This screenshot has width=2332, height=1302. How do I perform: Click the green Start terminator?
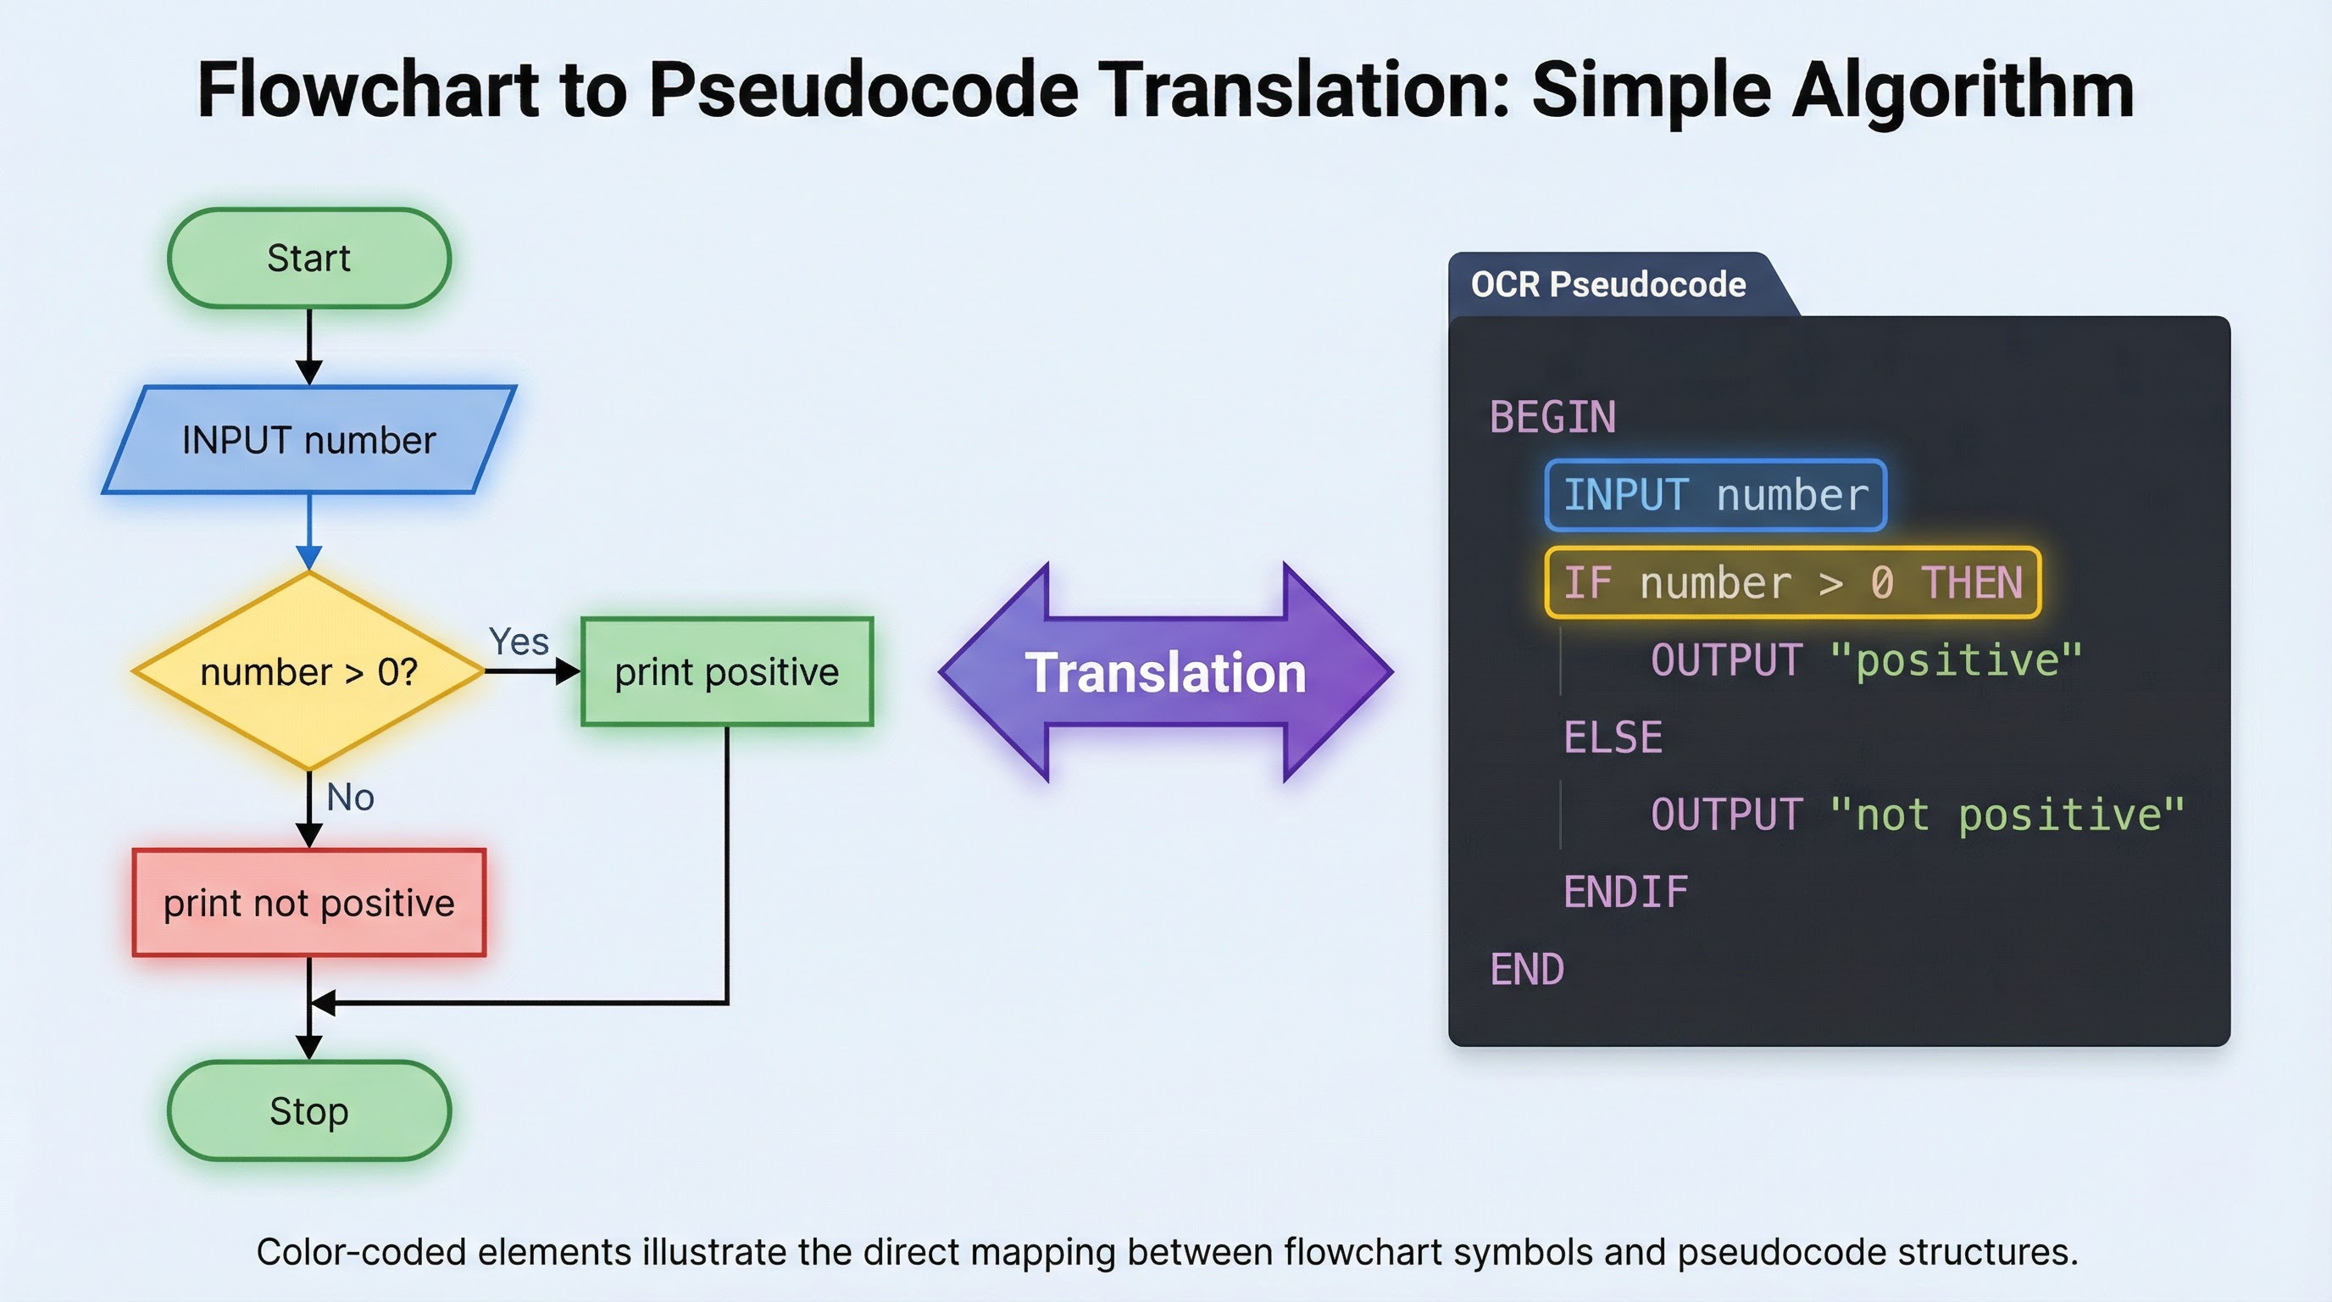(308, 258)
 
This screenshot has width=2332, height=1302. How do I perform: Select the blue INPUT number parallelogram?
(308, 440)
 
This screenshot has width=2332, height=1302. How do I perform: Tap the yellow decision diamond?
(308, 672)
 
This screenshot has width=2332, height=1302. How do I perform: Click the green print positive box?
(727, 672)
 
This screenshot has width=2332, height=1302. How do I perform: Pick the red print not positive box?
(308, 903)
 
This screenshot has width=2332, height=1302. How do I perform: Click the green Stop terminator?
(308, 1111)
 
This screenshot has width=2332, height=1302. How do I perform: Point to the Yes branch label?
(519, 642)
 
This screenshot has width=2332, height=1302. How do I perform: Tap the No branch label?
(350, 798)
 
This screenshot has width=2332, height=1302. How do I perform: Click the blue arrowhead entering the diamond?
(309, 557)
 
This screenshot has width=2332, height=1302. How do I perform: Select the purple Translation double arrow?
(1165, 673)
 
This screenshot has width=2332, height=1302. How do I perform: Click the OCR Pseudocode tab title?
(1607, 284)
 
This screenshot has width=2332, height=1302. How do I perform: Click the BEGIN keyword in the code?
(1552, 417)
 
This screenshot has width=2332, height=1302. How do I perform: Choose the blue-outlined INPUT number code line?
(1715, 495)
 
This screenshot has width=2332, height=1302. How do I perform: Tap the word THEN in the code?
(1972, 582)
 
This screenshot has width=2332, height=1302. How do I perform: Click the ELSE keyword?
(1613, 737)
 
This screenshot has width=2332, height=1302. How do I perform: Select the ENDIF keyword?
(1625, 892)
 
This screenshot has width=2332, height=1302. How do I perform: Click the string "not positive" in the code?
(2006, 815)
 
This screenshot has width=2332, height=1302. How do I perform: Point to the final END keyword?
(1526, 970)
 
